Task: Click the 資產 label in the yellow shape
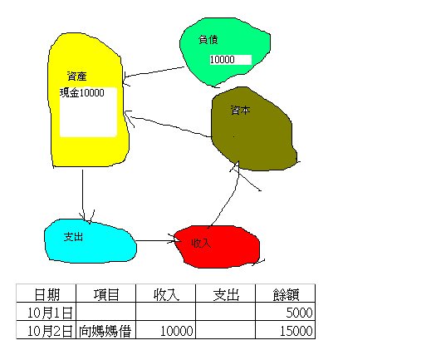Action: click(77, 76)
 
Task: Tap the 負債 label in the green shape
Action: click(208, 40)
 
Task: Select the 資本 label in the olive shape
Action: click(241, 110)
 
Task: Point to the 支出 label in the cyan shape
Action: click(73, 237)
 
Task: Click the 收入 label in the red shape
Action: click(201, 243)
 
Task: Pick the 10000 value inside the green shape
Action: click(223, 60)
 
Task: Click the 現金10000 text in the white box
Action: click(82, 93)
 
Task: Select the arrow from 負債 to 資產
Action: click(154, 72)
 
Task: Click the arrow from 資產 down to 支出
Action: click(82, 195)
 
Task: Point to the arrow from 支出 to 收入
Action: click(156, 240)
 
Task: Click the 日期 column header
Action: click(47, 294)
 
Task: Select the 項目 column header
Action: click(106, 294)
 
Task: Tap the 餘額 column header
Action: click(286, 294)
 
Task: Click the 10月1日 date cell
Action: click(50, 313)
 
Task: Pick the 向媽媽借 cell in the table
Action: click(105, 331)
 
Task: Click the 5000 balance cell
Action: click(299, 313)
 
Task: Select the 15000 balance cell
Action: click(296, 331)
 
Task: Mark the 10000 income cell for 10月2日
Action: click(177, 331)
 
